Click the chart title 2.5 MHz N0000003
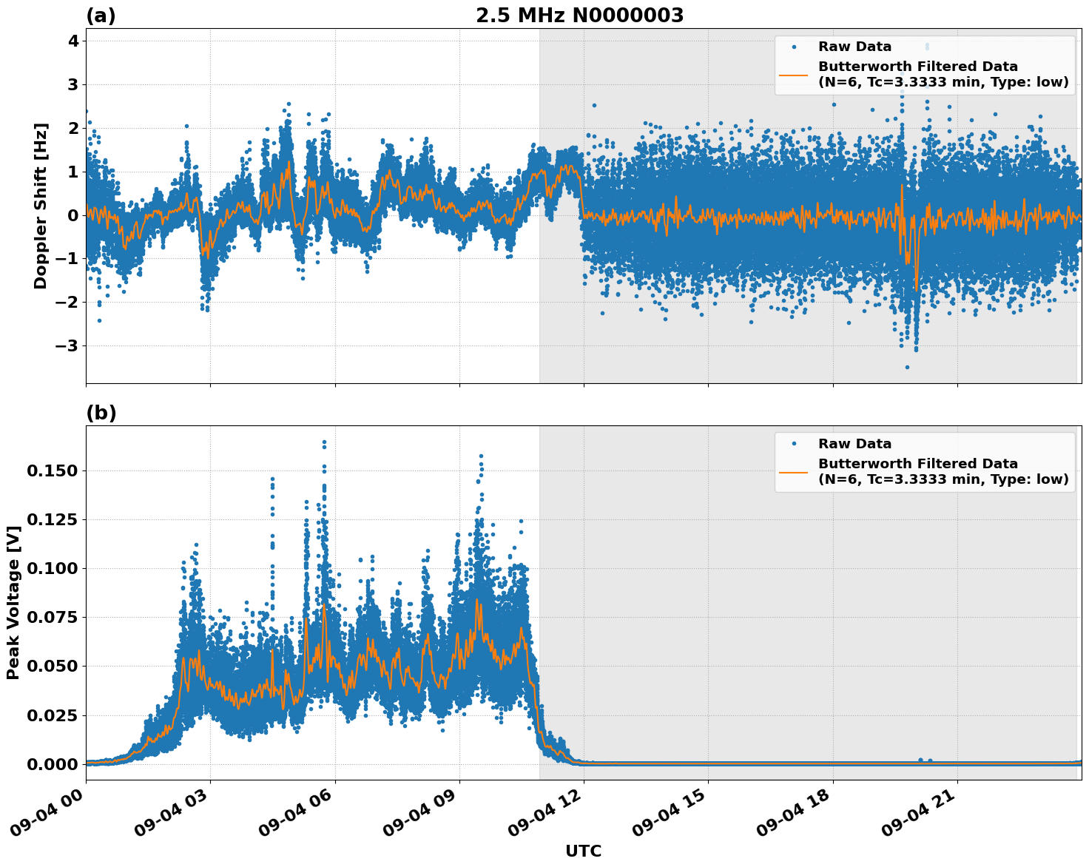[x=579, y=16]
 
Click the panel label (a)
[x=101, y=16]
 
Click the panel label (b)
[x=101, y=413]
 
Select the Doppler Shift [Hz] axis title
[x=41, y=206]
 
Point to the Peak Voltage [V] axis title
[x=13, y=603]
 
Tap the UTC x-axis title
[x=583, y=851]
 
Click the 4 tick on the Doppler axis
[x=73, y=41]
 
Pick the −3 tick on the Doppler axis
[x=68, y=345]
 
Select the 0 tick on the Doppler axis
[x=73, y=215]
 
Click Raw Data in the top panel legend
[x=854, y=47]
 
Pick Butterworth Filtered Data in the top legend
[x=917, y=67]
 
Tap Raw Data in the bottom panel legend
[x=854, y=444]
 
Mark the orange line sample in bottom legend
[x=793, y=471]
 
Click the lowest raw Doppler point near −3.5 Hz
[x=907, y=367]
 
